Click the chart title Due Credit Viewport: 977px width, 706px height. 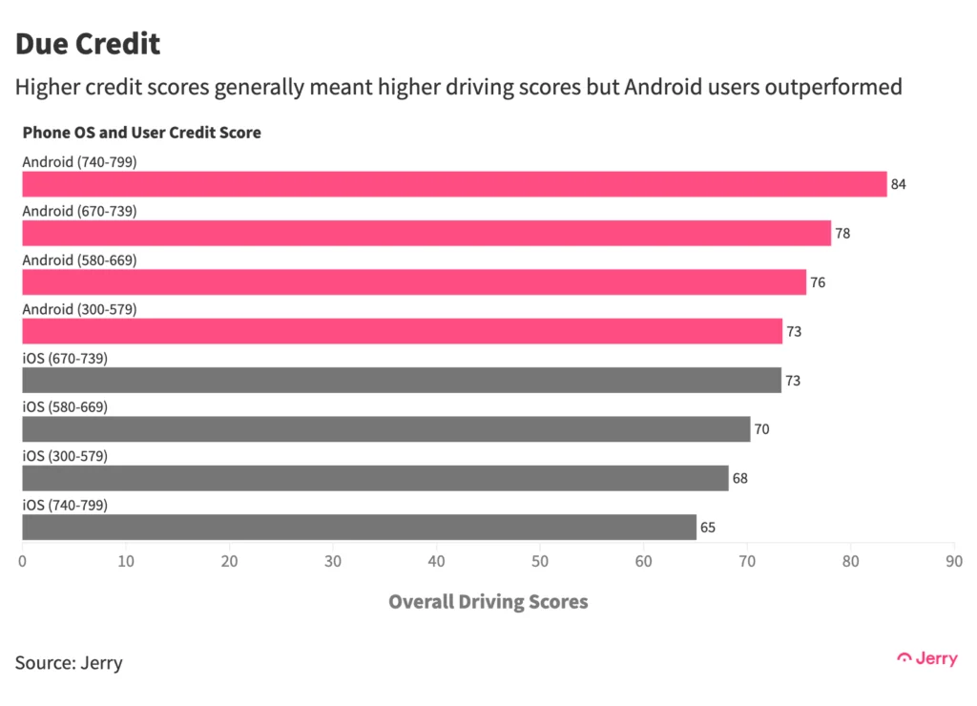88,44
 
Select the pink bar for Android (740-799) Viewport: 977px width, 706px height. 454,184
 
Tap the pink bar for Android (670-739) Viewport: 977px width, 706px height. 426,233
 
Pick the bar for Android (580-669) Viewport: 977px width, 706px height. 414,282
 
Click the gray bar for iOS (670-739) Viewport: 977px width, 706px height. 402,381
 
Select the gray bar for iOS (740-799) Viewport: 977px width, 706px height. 359,528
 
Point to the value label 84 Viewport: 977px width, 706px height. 899,184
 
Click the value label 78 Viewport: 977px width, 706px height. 842,233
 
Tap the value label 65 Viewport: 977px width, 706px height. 708,528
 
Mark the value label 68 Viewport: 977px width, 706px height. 740,478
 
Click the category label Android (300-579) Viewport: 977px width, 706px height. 80,309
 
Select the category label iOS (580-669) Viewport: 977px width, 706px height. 65,407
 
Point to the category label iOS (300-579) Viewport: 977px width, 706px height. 65,456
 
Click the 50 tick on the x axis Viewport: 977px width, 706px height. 540,561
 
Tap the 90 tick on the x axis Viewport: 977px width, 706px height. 953,561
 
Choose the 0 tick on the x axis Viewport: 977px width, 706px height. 23,561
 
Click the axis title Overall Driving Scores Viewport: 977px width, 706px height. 488,602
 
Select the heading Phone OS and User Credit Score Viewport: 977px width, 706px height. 142,133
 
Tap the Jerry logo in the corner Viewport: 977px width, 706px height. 927,659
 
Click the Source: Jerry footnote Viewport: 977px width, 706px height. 69,662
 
